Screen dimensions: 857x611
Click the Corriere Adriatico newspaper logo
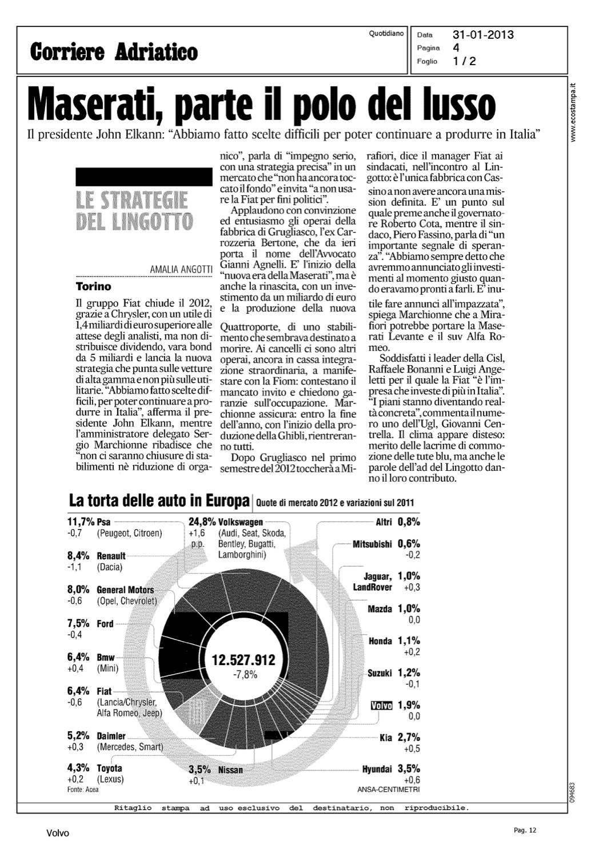(x=114, y=51)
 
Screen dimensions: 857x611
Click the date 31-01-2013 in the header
(x=483, y=35)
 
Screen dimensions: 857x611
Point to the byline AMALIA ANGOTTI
(x=181, y=269)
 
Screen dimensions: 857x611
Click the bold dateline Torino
(x=94, y=286)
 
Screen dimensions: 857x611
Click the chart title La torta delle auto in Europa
(x=159, y=501)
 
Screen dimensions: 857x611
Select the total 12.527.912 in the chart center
(x=243, y=660)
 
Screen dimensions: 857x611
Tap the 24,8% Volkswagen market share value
(x=202, y=522)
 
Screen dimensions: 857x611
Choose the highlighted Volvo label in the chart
(x=381, y=706)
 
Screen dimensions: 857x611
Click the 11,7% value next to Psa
(x=81, y=522)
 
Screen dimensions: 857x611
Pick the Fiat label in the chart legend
(x=105, y=691)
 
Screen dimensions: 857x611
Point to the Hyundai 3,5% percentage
(x=409, y=768)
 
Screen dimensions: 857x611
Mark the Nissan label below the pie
(x=230, y=770)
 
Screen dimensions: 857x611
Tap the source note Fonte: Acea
(x=83, y=790)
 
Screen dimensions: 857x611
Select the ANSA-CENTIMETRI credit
(x=388, y=790)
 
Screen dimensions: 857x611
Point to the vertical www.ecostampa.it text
(x=573, y=112)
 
